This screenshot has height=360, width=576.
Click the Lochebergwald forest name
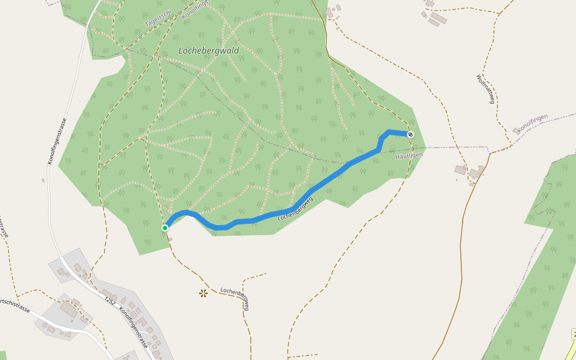coord(209,51)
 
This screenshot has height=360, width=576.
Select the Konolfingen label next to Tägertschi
coord(195,8)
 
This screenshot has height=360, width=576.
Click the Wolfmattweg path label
coord(485,89)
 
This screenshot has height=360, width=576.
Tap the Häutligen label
coord(409,155)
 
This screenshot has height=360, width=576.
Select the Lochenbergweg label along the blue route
coord(296,208)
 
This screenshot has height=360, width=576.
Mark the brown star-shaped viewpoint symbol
coord(203,293)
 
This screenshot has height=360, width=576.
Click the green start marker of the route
coord(164,228)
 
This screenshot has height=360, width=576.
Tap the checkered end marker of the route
coord(410,134)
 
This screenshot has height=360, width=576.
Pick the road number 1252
coord(110,300)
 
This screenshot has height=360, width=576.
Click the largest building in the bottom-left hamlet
coord(68,310)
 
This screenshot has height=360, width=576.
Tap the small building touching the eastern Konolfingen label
coord(516,131)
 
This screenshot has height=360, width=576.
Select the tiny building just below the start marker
coord(170,239)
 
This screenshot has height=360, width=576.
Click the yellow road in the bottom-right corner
coord(569,348)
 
